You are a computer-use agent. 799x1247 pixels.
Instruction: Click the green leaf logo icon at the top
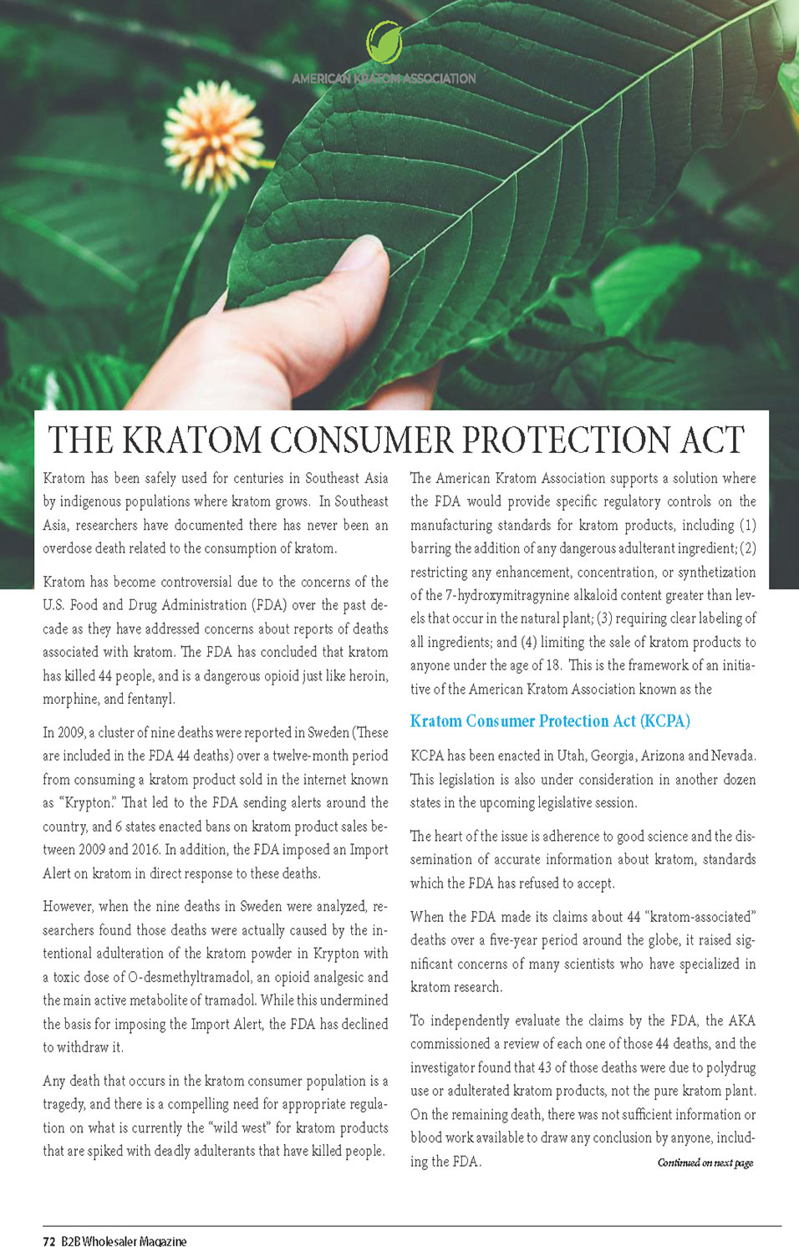(384, 43)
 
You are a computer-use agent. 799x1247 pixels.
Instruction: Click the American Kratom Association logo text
(384, 79)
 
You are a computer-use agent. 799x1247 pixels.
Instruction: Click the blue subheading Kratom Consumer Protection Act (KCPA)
(550, 721)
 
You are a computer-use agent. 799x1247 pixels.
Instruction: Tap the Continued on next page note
(705, 1163)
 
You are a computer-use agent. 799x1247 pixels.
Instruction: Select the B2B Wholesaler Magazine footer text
(124, 1241)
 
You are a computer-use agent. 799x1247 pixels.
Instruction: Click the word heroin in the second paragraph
(369, 675)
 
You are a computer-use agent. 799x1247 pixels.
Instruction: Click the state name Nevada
(733, 756)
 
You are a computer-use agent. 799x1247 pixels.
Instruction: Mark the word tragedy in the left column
(64, 1104)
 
